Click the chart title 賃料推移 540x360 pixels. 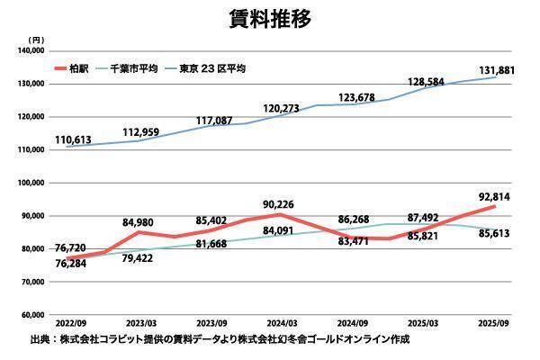click(270, 18)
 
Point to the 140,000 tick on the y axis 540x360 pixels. click(30, 51)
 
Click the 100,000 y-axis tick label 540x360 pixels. click(30, 183)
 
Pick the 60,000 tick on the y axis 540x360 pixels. click(31, 315)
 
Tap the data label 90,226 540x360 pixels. click(282, 202)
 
